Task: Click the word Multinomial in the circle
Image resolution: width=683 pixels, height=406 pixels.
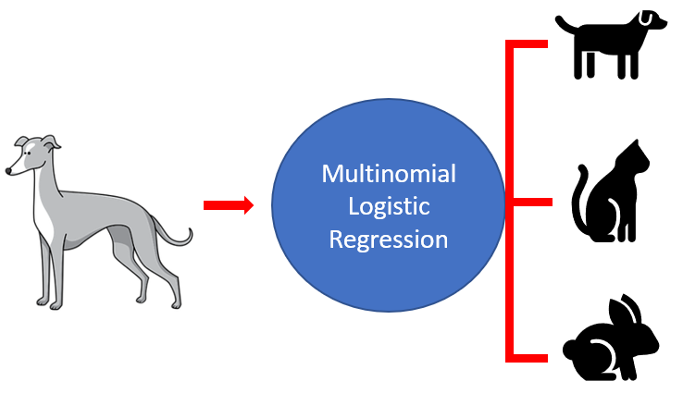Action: pyautogui.click(x=388, y=174)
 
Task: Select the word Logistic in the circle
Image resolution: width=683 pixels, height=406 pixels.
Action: pyautogui.click(x=389, y=206)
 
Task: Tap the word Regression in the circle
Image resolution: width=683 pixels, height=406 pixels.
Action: pyautogui.click(x=389, y=240)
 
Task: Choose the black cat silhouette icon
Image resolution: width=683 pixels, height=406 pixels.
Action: pyautogui.click(x=612, y=194)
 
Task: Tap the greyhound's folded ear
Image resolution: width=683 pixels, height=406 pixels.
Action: pyautogui.click(x=51, y=143)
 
